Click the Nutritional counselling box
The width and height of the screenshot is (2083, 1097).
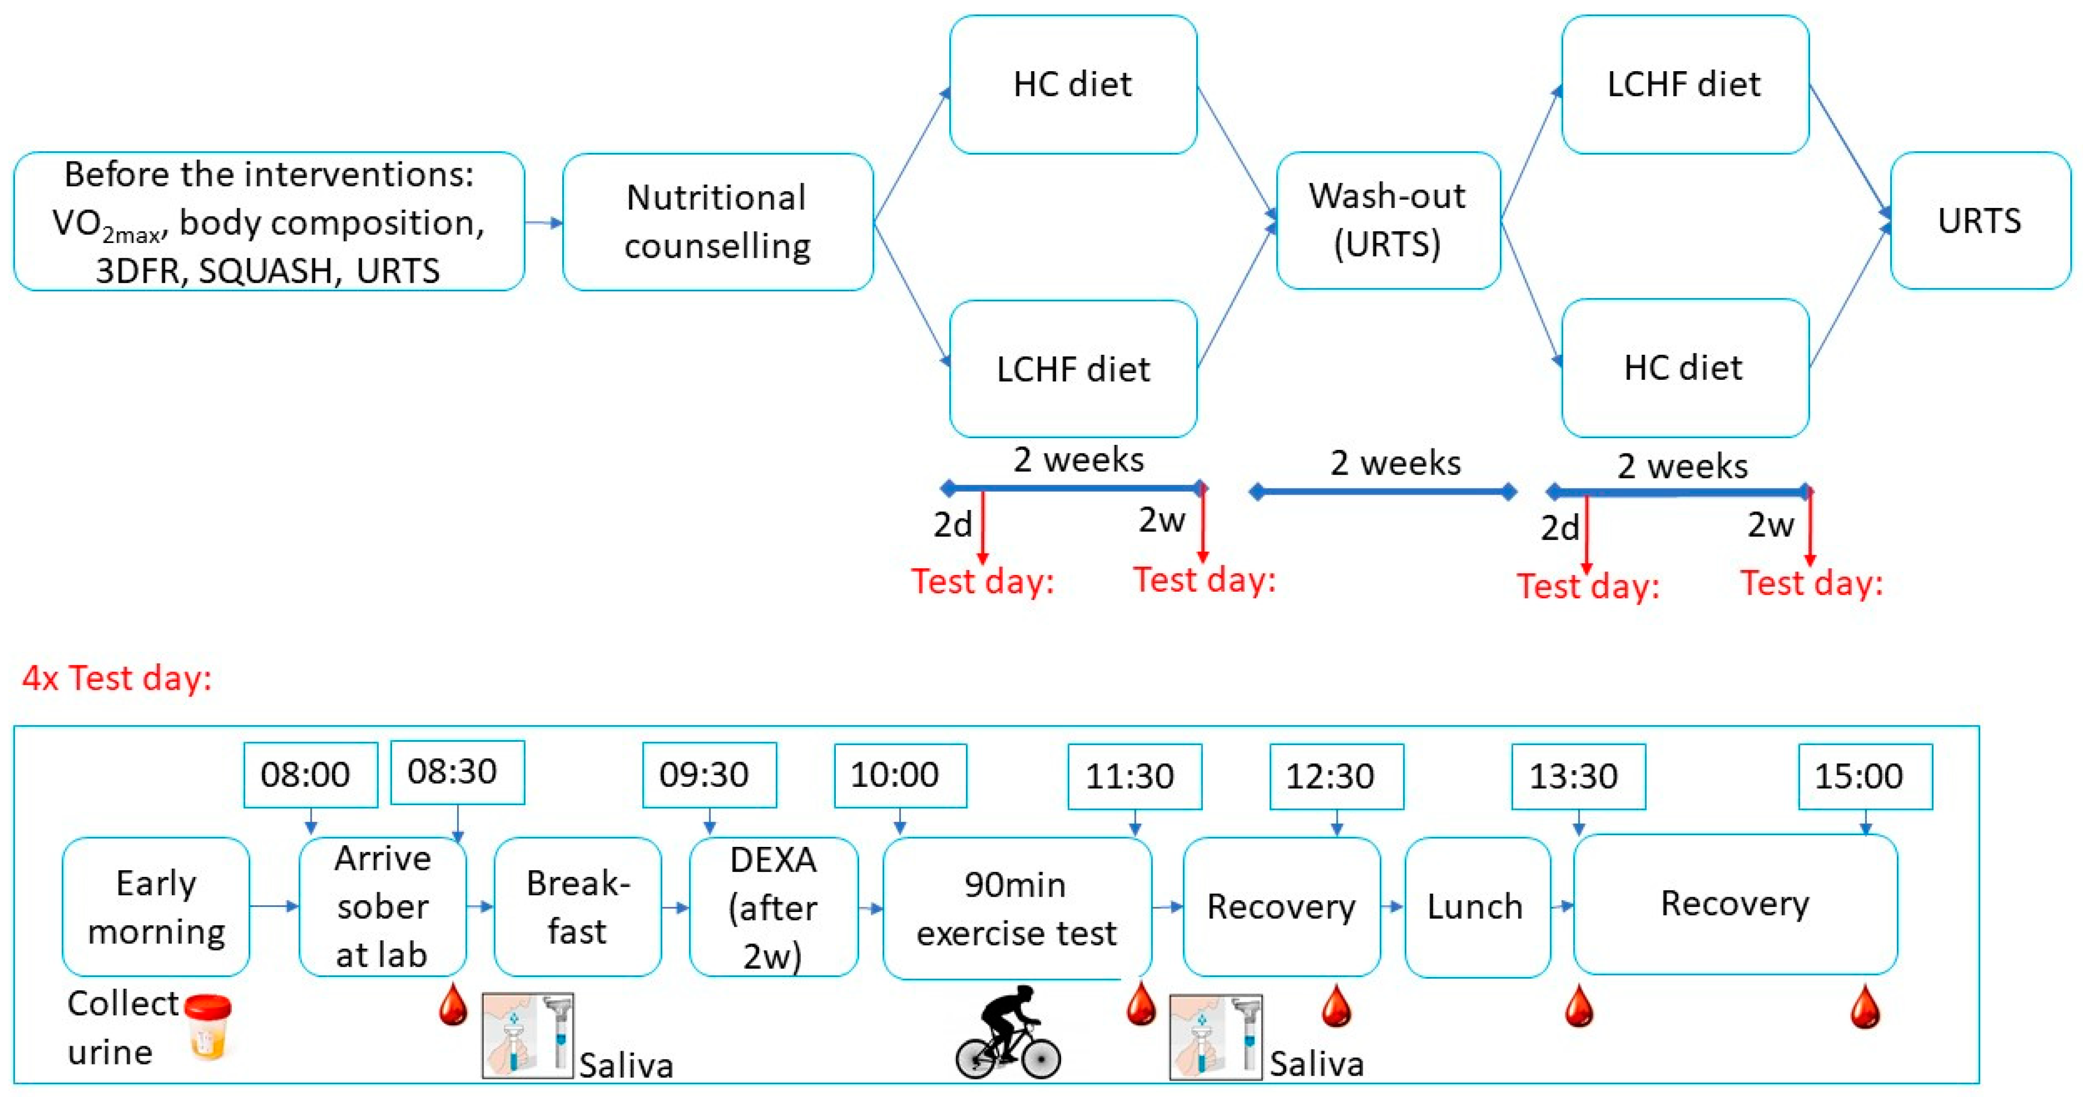click(717, 222)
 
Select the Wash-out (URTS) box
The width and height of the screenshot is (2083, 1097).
click(1387, 220)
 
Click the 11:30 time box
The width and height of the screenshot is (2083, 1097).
click(1134, 776)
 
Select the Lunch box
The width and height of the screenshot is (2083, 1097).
click(1476, 906)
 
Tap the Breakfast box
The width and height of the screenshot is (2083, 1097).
click(578, 906)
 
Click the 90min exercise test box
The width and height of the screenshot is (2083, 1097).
click(1016, 908)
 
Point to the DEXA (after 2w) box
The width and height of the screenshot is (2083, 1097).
click(773, 906)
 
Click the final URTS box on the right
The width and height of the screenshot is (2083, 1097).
click(1979, 220)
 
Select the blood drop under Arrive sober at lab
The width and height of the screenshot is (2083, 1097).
click(453, 1005)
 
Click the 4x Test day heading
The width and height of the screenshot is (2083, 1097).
click(117, 678)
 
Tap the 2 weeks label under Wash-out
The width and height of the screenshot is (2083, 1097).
click(1395, 463)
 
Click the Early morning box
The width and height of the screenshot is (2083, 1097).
click(156, 906)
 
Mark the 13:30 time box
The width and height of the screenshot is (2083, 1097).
click(1578, 776)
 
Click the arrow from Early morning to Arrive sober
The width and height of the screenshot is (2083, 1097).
click(274, 906)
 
